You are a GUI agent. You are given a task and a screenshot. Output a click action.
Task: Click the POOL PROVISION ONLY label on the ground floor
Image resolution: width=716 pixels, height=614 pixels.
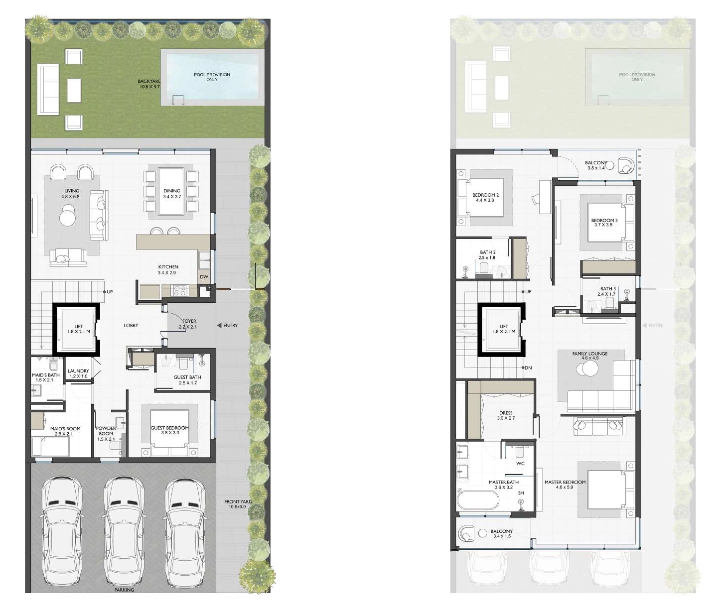(212, 77)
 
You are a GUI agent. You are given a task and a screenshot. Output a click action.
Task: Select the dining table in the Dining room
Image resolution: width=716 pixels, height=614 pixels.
(171, 191)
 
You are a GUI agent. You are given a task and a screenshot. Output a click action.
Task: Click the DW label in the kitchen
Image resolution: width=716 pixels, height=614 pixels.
(204, 277)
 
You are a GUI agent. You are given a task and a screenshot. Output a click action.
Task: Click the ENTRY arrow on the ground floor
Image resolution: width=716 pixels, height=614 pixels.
(220, 326)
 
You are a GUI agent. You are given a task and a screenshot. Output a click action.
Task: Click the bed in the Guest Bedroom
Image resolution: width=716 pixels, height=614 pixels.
(169, 433)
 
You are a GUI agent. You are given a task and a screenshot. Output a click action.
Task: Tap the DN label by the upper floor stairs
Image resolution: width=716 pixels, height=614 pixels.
(528, 368)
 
